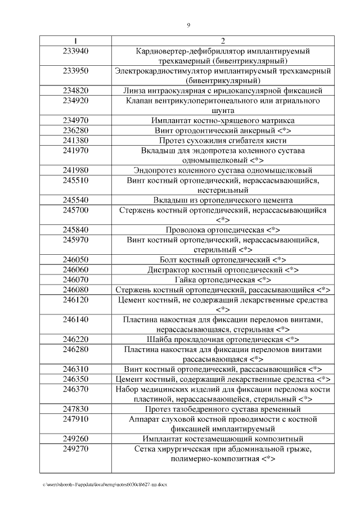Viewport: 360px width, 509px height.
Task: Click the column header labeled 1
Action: [x=76, y=41]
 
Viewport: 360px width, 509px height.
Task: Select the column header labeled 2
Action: [x=223, y=41]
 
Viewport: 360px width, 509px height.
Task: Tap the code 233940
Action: [x=76, y=51]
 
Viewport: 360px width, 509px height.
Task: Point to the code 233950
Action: [x=76, y=71]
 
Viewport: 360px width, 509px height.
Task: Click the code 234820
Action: [x=76, y=90]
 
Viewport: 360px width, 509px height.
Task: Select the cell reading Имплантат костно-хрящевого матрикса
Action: [x=223, y=120]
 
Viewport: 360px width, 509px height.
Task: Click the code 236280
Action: [x=76, y=130]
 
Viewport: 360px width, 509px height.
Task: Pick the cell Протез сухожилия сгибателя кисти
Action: [x=223, y=140]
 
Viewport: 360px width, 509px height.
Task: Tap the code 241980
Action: [x=76, y=170]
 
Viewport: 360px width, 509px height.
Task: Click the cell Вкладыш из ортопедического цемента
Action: [x=223, y=200]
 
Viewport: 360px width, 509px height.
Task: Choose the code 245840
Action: [x=76, y=229]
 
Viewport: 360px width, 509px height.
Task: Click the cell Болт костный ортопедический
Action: [x=223, y=259]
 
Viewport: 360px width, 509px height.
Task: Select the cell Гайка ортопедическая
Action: [x=223, y=280]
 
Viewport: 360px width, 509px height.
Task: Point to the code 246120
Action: [x=76, y=299]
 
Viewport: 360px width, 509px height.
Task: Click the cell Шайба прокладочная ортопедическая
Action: [x=223, y=339]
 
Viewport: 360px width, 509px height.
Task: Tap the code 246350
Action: [x=76, y=379]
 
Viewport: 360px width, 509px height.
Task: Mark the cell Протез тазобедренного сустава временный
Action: [x=223, y=409]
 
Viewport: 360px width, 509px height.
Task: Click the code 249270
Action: [x=76, y=449]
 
